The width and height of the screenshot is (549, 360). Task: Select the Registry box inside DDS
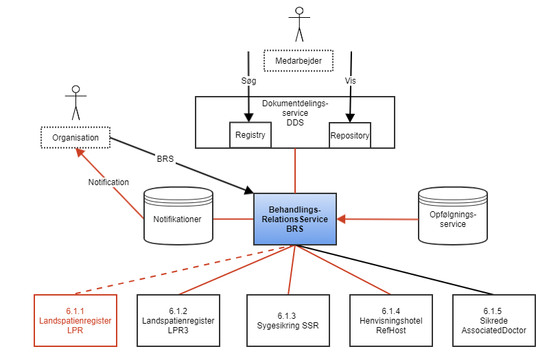tap(250, 135)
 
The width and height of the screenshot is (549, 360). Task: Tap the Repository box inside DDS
tap(350, 135)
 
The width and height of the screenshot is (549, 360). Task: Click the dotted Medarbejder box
tap(299, 61)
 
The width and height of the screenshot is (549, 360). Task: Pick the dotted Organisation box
tap(75, 138)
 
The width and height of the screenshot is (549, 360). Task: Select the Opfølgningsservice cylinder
tap(453, 218)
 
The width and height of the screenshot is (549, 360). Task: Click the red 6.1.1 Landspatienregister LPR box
tap(75, 320)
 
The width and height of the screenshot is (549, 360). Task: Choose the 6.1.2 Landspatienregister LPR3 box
tap(178, 320)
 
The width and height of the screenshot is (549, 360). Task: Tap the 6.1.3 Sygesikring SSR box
tap(288, 320)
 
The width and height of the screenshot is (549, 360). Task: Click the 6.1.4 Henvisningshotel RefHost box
tap(390, 320)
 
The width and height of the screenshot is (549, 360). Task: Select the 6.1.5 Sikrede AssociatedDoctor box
tap(494, 320)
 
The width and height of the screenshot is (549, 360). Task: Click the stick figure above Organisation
tap(75, 101)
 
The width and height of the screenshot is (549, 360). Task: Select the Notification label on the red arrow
tap(108, 182)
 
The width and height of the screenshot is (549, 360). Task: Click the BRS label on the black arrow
tap(165, 158)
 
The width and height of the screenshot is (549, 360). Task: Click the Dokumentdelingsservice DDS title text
tap(295, 113)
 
